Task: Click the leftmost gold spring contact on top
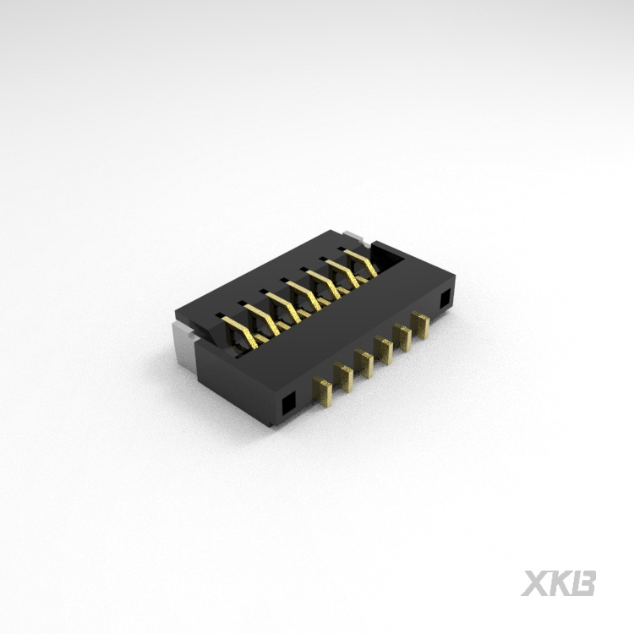pyautogui.click(x=244, y=332)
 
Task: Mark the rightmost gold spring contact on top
pyautogui.click(x=363, y=261)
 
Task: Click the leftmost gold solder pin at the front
pyautogui.click(x=323, y=391)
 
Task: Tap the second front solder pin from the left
pyautogui.click(x=343, y=374)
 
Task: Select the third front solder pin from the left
pyautogui.click(x=364, y=360)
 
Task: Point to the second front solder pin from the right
pyautogui.click(x=402, y=335)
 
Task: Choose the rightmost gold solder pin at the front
pyautogui.click(x=420, y=324)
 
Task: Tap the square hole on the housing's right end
pyautogui.click(x=445, y=298)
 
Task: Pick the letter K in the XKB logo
pyautogui.click(x=561, y=582)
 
